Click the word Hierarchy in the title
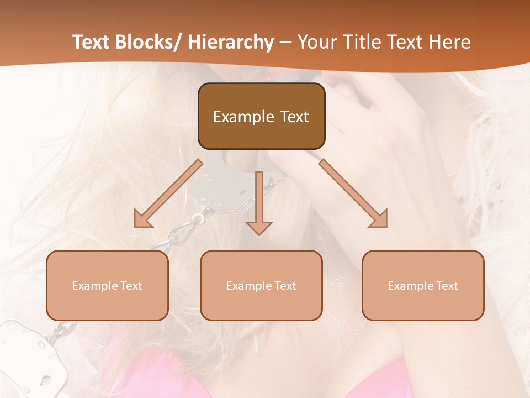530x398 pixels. [x=231, y=42]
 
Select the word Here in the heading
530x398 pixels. [x=449, y=42]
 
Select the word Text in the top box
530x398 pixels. [x=293, y=117]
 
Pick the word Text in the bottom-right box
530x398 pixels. [x=447, y=286]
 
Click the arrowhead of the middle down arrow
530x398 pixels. [x=259, y=227]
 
